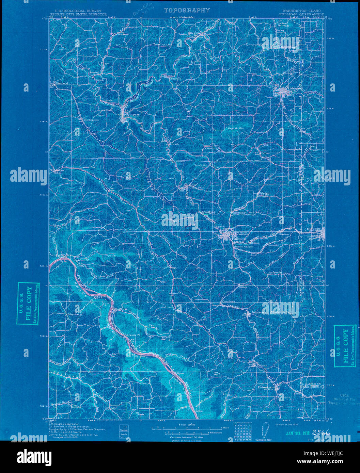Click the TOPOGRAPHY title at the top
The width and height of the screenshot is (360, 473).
pos(187,11)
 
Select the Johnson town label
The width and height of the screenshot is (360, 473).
pos(258,312)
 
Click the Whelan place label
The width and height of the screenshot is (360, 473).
pos(265,193)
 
